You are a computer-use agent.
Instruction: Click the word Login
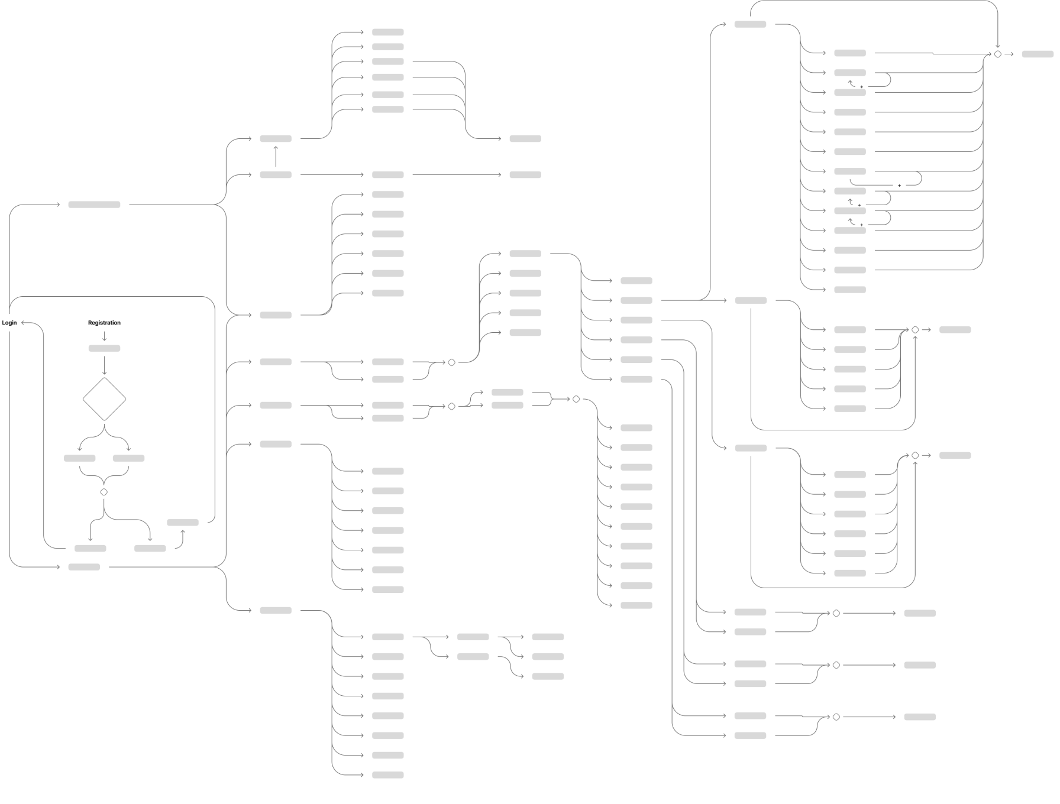9,323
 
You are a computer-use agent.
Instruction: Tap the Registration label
104,323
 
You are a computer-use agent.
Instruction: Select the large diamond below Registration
104,400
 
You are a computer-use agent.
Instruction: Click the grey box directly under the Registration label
104,348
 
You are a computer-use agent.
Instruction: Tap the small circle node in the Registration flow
104,492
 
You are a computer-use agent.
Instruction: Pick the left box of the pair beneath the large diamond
80,458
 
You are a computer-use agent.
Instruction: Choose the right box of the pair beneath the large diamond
128,458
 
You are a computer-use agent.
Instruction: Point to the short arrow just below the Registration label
104,336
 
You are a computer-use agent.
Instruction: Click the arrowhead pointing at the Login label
23,323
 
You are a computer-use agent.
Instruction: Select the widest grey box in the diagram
94,205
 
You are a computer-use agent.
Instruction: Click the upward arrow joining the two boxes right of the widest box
276,157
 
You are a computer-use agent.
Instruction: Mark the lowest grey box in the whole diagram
387,775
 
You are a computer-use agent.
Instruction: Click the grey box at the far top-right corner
1038,54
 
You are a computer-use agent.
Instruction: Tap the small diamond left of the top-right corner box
998,54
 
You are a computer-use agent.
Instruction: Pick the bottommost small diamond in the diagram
836,717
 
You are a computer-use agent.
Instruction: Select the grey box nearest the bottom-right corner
920,717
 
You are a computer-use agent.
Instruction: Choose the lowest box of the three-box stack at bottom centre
548,676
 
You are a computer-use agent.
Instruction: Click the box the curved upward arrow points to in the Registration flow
183,523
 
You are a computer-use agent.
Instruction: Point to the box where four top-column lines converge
525,139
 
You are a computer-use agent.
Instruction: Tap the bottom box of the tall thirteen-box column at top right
850,290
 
